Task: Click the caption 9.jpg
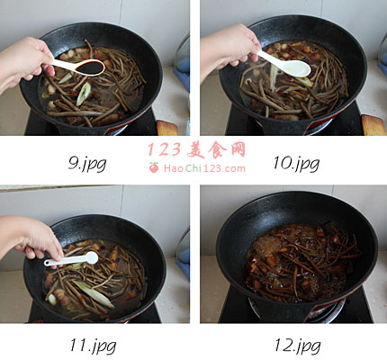pos(87,164)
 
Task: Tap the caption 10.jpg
pos(296,164)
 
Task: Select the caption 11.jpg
pos(93,346)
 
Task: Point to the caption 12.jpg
pos(298,346)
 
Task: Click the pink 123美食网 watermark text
pos(197,149)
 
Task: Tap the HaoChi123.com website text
pos(204,168)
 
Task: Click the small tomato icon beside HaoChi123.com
pos(154,167)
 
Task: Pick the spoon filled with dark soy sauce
pos(79,67)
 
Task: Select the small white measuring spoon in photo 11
pos(72,259)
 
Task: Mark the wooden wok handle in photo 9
pos(167,128)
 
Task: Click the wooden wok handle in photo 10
pos(373,125)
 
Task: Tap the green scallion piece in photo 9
pos(84,94)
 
